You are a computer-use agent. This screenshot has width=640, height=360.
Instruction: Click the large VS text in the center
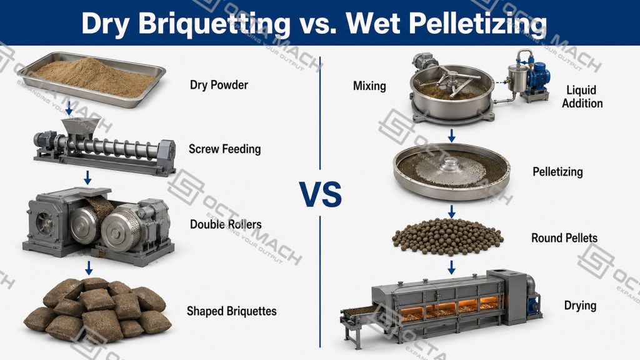coord(321,195)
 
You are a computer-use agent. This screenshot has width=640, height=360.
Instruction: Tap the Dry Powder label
coord(219,85)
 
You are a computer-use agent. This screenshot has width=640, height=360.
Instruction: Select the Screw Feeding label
coord(224,149)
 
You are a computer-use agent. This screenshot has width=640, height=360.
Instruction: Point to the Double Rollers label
coord(226,224)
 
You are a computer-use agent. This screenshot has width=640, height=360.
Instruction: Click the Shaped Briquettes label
coord(231,311)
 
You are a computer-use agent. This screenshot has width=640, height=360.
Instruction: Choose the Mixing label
coord(369,86)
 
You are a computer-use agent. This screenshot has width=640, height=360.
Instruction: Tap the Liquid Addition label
coord(582,96)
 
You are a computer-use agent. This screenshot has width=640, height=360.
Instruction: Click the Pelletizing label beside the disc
coord(557,171)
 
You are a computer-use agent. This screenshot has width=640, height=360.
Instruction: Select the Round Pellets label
coord(564,238)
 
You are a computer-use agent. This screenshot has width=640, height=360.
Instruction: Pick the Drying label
coord(580,305)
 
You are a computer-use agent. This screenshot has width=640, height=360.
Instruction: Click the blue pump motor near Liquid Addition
coord(537,77)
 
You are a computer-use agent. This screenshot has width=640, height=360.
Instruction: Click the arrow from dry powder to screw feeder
coord(69,107)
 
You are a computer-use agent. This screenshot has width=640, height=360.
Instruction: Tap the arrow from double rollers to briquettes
coord(89,267)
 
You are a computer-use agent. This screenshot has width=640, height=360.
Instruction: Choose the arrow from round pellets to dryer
coord(451,267)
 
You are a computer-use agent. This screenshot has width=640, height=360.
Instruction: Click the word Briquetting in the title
coord(214,23)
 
